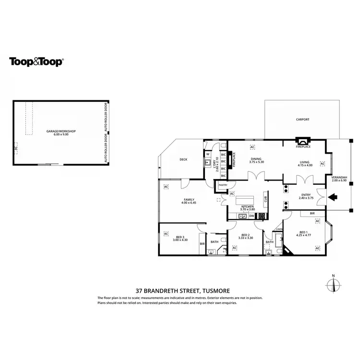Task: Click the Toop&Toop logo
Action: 36,61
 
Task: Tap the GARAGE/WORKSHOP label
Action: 61,131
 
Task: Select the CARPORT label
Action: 302,120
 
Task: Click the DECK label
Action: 183,160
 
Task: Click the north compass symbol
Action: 333,284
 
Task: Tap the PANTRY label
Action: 223,185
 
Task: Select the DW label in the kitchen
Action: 252,216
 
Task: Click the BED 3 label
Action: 180,237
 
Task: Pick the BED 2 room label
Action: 246,235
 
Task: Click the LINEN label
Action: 279,230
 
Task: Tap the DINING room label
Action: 256,158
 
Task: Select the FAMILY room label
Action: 189,199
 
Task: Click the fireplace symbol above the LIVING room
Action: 302,141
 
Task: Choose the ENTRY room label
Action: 306,194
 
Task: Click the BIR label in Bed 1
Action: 312,213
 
